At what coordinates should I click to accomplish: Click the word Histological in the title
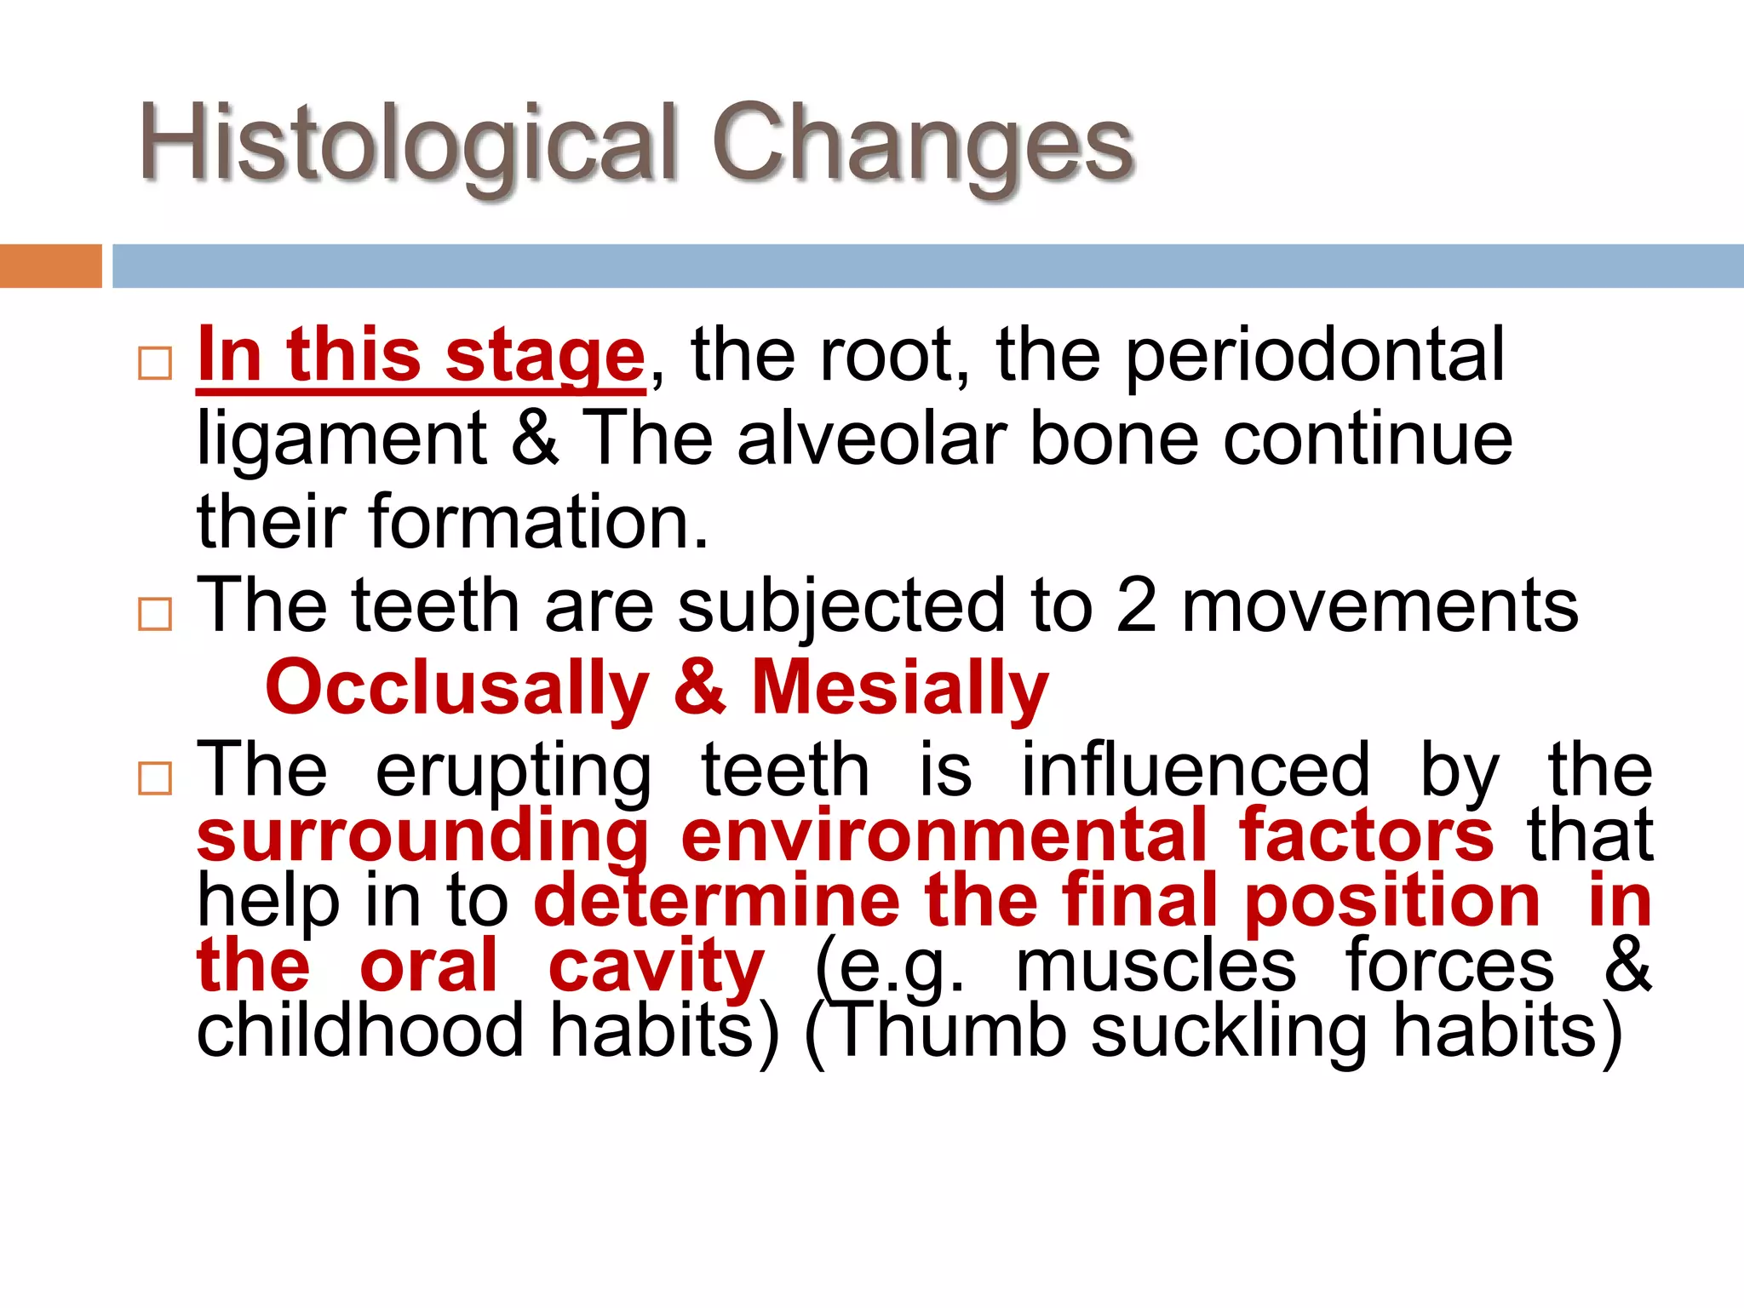pos(409,143)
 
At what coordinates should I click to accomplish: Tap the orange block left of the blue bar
pos(50,266)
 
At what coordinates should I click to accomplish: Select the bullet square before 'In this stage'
pos(155,364)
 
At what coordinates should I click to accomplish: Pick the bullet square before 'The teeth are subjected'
pos(155,613)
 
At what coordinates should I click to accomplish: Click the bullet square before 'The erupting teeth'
pos(155,778)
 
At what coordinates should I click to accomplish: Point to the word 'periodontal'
pos(1315,356)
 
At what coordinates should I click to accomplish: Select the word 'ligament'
pos(341,439)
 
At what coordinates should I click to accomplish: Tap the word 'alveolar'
pos(872,439)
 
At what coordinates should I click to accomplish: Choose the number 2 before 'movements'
pos(1136,605)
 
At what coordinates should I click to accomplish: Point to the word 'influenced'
pos(1196,771)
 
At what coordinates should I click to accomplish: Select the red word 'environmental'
pos(944,836)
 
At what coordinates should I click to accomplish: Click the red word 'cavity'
pos(656,967)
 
